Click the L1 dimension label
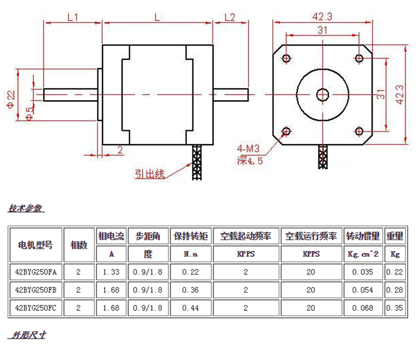pyautogui.click(x=73, y=17)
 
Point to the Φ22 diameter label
pyautogui.click(x=11, y=98)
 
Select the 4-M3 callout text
pyautogui.click(x=248, y=149)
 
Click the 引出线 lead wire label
pyautogui.click(x=150, y=174)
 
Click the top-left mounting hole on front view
pyautogui.click(x=287, y=58)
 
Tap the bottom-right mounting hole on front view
pyautogui.click(x=359, y=131)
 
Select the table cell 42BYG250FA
pyautogui.click(x=36, y=272)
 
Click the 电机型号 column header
pyautogui.click(x=36, y=245)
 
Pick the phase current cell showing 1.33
pyautogui.click(x=111, y=272)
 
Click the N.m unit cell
pyautogui.click(x=190, y=255)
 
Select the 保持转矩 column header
pyautogui.click(x=190, y=236)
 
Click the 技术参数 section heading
pyautogui.click(x=26, y=209)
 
